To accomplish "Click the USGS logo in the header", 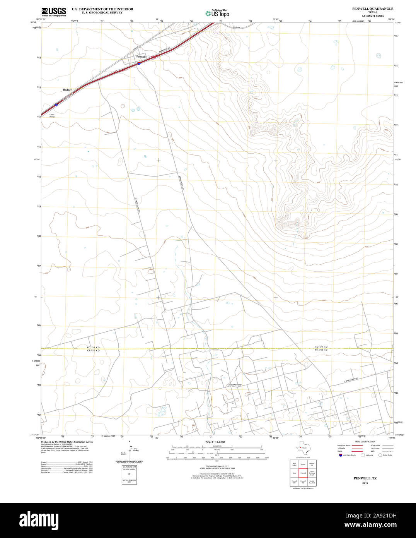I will [53, 12].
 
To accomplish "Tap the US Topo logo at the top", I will [217, 13].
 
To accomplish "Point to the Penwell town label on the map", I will [141, 57].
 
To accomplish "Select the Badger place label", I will [67, 89].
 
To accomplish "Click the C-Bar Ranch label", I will [52, 115].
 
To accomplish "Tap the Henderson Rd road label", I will [234, 385].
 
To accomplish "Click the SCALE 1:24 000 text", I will [215, 442].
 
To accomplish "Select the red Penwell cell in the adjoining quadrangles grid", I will [303, 473].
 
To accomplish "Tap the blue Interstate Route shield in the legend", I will [339, 455].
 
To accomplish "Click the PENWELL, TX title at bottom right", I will [365, 478].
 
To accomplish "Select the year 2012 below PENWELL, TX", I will [365, 483].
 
